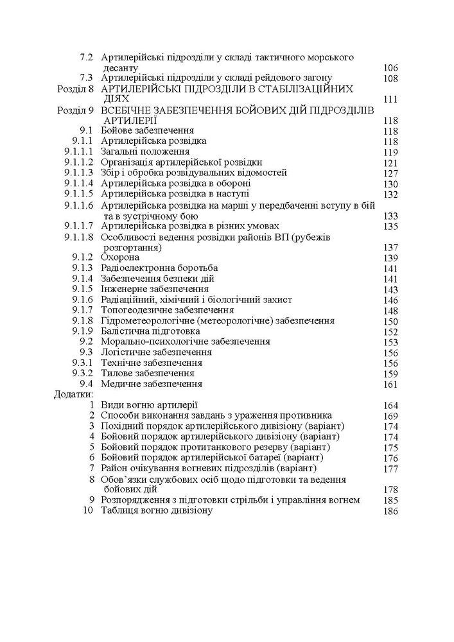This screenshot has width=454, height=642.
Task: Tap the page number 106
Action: point(390,68)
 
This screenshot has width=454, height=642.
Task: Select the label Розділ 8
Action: point(75,89)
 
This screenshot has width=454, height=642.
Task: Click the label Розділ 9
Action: point(75,110)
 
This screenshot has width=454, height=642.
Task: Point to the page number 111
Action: point(390,100)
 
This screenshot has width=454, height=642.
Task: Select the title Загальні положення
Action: point(145,152)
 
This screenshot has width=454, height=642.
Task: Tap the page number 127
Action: point(390,173)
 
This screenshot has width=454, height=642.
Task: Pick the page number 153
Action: point(390,342)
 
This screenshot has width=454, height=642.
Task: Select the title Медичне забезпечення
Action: point(152,384)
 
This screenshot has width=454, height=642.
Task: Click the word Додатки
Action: point(73,394)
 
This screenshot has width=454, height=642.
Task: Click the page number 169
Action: point(390,416)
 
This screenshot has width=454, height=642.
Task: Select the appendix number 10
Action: point(89,510)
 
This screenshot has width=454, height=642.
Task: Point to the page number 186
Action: point(390,511)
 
